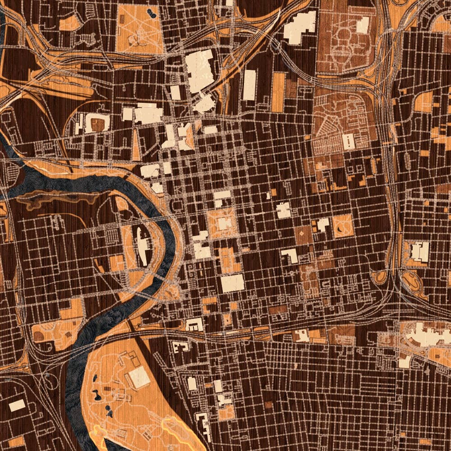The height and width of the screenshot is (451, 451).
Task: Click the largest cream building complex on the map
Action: pos(200,71)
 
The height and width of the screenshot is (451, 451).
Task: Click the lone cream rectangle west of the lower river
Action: pos(17,405)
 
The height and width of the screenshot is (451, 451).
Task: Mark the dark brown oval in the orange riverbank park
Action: pos(40,335)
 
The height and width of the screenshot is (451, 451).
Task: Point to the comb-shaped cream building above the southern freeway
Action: pos(195,325)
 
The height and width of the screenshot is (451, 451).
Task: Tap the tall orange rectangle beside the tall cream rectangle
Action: pos(278,92)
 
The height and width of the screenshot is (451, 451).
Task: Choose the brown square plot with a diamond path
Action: pos(303,235)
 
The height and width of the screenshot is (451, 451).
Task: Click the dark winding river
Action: pos(90,183)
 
